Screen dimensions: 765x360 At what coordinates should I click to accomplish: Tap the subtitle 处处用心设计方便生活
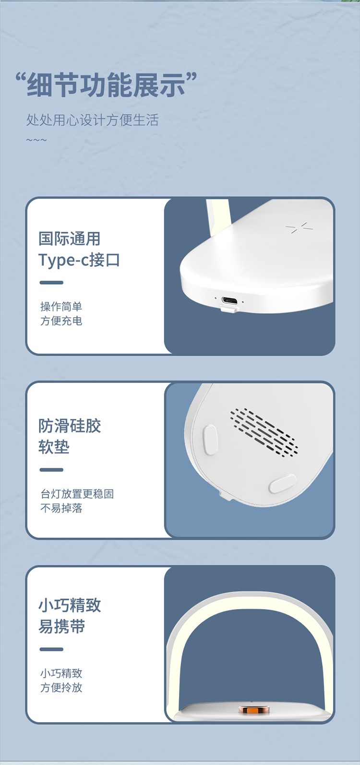pos(92,120)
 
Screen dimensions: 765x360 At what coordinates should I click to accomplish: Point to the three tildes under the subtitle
pos(36,140)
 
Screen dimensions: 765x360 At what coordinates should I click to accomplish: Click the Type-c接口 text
pos(79,260)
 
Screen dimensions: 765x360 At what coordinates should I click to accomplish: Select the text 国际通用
pos(70,239)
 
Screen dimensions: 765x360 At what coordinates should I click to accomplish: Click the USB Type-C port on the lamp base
pos(229,302)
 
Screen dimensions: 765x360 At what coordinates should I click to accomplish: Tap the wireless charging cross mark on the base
pos(299,227)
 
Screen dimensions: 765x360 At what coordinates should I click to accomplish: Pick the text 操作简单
pos(61,306)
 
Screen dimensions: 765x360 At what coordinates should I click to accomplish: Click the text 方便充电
pos(61,321)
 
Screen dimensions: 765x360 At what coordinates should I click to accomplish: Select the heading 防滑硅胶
pos(70,426)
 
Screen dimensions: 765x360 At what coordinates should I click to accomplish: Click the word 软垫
pos(54,447)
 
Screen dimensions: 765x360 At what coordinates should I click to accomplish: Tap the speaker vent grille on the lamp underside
pos(264,432)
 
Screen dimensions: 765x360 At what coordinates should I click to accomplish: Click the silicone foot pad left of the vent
pos(210,439)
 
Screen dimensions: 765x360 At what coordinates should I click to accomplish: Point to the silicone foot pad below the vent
pos(282,483)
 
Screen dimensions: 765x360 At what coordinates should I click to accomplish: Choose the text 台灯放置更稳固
pos(77,493)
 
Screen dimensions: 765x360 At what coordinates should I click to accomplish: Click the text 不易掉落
pos(61,508)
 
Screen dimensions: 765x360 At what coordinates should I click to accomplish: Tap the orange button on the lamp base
pos(254,709)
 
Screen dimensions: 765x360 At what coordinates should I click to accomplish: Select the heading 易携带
pos(61,626)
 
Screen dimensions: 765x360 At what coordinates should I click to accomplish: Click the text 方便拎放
pos(61,687)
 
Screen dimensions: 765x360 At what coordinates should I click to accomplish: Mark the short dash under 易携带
pos(51,649)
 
